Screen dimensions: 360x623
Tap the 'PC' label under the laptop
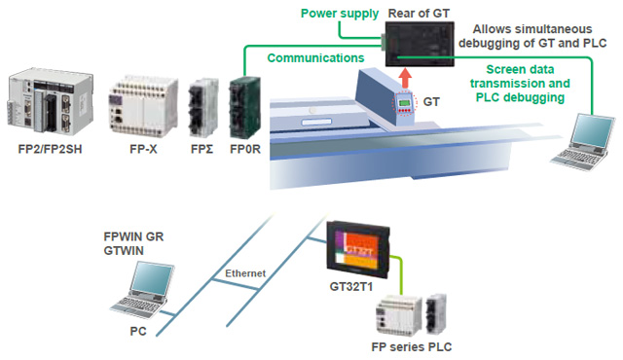tap(137, 331)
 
